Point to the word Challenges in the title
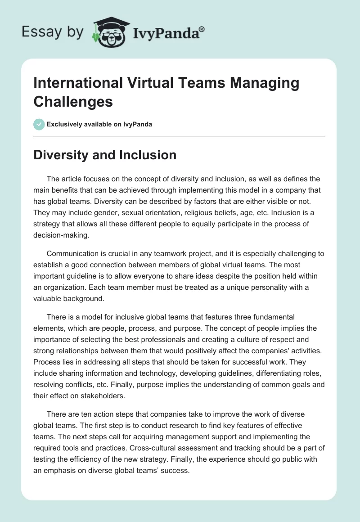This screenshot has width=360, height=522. point(73,101)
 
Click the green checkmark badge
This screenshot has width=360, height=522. point(39,124)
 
